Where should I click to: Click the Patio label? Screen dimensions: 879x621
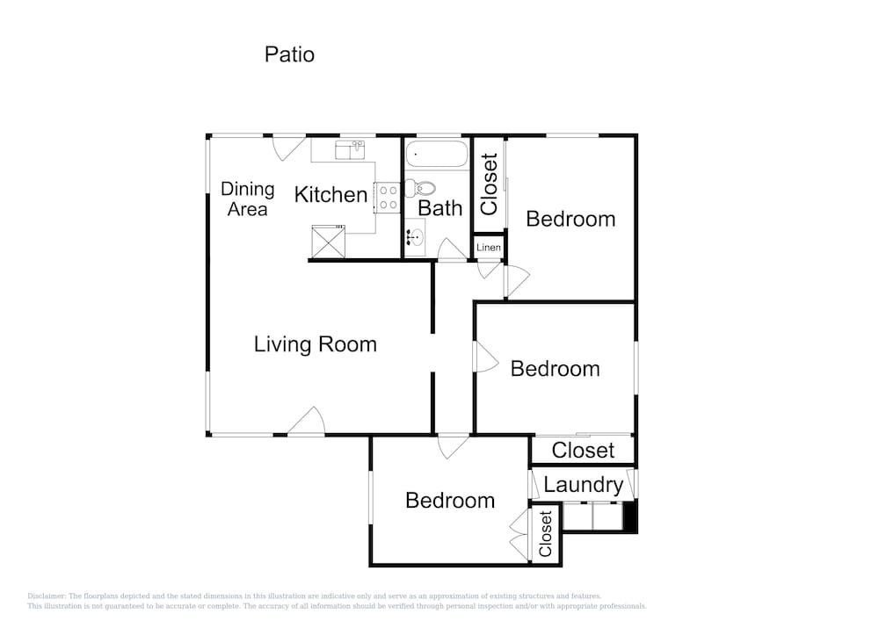(289, 54)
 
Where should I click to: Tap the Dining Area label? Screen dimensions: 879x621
(247, 199)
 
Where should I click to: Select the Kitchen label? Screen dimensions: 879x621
(331, 195)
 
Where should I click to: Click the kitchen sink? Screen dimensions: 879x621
(351, 150)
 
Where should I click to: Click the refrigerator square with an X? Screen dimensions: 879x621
(329, 242)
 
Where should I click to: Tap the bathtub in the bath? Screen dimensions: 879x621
(437, 154)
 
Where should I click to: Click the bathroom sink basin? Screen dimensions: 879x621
(415, 237)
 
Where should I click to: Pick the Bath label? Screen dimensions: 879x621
(440, 208)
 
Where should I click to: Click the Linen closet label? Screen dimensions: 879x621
(488, 248)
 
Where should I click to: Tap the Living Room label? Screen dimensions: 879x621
(315, 343)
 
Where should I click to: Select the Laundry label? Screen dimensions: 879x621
(583, 485)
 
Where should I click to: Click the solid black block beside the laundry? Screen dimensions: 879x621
(630, 516)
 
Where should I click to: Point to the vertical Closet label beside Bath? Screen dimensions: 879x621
(490, 184)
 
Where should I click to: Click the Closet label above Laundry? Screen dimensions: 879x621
(583, 451)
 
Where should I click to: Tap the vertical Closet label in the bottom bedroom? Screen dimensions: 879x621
(546, 534)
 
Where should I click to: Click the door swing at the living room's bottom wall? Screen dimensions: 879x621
(307, 421)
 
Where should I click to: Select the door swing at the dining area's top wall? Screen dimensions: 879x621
(288, 148)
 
